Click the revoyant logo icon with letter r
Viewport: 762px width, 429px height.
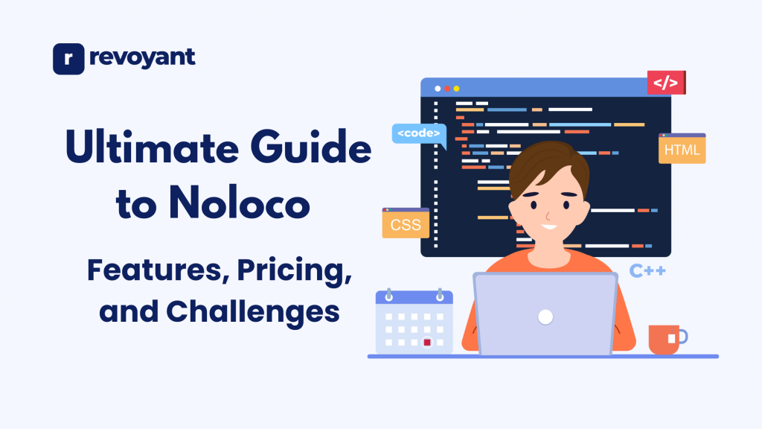(x=68, y=59)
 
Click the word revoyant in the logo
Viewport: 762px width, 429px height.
(x=141, y=58)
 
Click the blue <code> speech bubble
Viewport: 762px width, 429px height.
(x=418, y=134)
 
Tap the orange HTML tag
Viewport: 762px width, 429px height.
(x=682, y=150)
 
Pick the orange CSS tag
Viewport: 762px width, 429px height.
(x=406, y=224)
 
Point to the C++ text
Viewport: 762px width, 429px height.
(x=647, y=270)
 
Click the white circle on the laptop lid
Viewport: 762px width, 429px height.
(x=545, y=317)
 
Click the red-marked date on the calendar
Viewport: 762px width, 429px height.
(x=427, y=343)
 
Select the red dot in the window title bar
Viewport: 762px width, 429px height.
(x=447, y=89)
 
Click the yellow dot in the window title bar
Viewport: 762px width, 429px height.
(x=457, y=89)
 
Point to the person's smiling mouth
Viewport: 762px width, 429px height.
(x=548, y=226)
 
